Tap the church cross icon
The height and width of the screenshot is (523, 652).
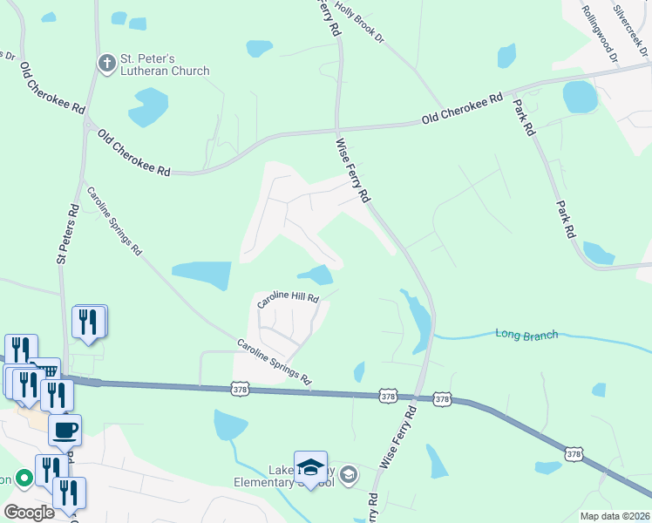coord(106,63)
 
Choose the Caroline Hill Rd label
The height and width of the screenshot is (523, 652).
coord(289,300)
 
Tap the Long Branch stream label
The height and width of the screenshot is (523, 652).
coord(526,334)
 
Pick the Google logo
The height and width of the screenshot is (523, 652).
coord(30,513)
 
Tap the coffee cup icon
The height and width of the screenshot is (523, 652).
coord(65,430)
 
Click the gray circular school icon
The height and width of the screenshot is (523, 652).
coord(349,474)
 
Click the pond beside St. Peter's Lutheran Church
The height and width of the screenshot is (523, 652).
coord(147,106)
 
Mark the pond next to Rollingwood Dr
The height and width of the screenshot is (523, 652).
coord(580,97)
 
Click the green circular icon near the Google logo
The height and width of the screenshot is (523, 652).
coord(24,479)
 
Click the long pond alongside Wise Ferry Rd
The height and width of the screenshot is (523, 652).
coord(418,318)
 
